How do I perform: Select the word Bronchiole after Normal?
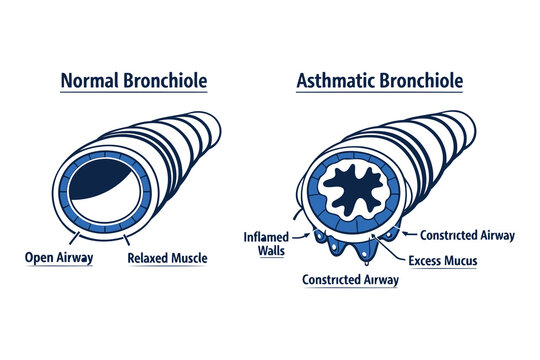coord(163,80)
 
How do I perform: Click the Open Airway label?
coord(59,258)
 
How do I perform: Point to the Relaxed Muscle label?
coord(168,258)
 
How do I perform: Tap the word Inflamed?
coord(267,237)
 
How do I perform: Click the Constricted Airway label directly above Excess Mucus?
coord(467,236)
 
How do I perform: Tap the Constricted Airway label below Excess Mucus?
coord(350,280)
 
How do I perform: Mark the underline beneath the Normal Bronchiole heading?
coord(134,93)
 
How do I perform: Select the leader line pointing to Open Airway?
coord(71,237)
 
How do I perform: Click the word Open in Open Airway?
coord(39,258)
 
